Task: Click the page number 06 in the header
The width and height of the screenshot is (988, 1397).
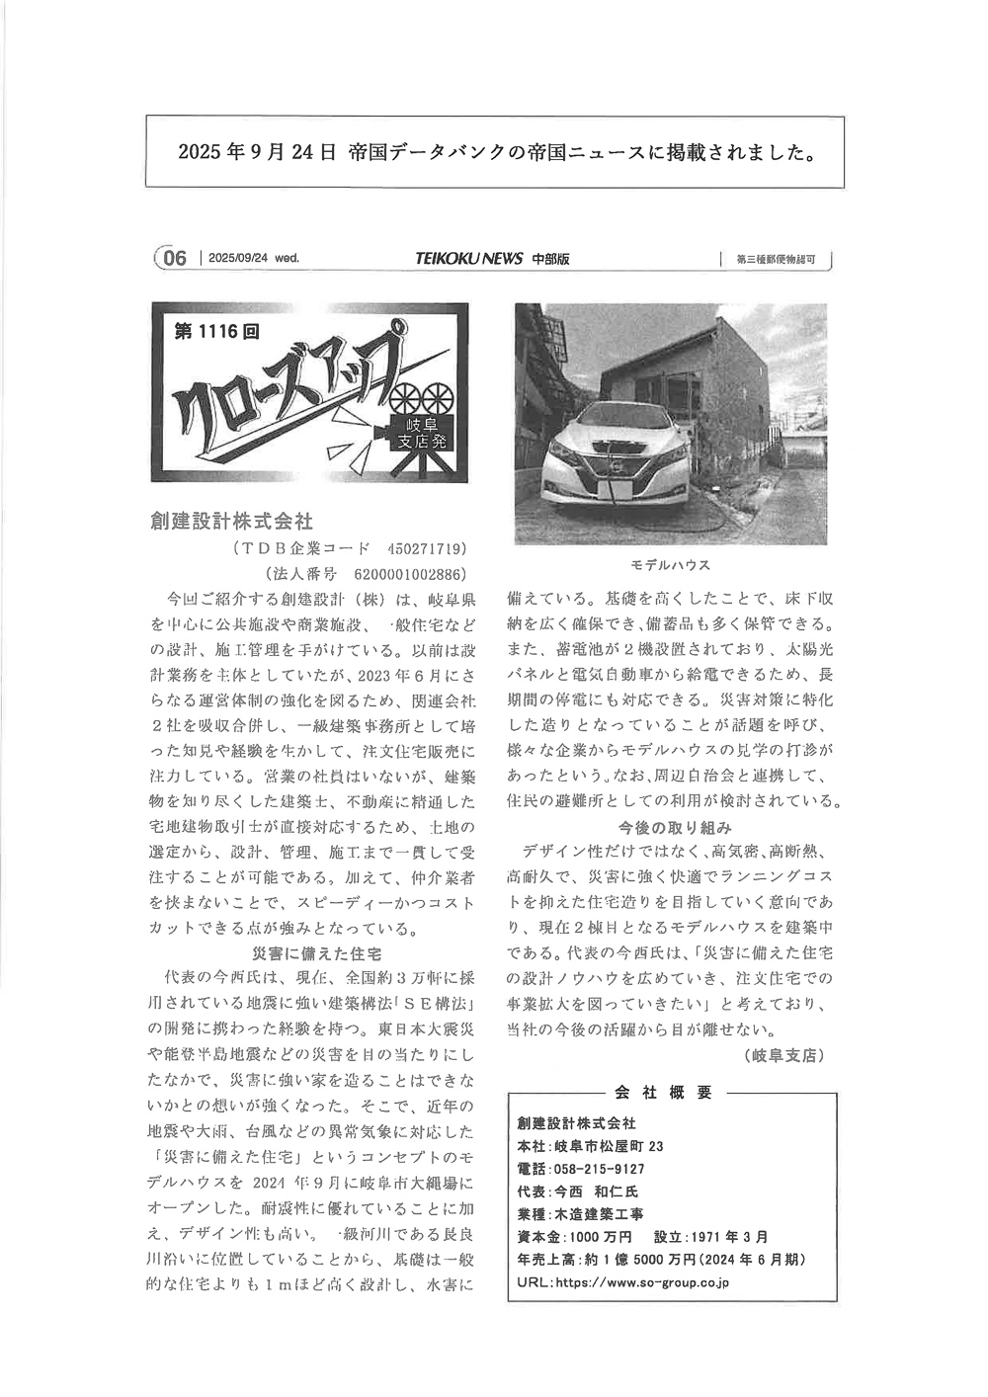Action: coord(174,259)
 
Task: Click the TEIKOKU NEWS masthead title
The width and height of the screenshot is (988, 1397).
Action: coord(468,259)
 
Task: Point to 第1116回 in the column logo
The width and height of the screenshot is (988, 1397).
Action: coord(216,331)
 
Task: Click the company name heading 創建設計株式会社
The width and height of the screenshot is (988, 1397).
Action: coord(231,520)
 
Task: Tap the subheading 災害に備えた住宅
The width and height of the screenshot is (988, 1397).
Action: coord(316,953)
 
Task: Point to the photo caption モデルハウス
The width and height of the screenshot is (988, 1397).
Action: coord(671,565)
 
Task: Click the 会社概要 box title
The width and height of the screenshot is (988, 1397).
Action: coord(663,1092)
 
